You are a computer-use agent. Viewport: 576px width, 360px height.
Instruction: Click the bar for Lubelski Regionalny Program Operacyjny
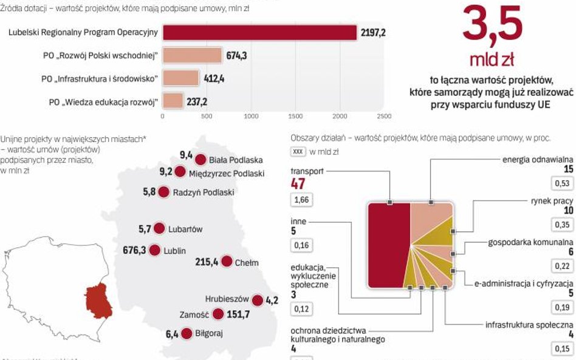click(259, 33)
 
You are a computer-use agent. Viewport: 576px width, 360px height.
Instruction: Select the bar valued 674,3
click(193, 56)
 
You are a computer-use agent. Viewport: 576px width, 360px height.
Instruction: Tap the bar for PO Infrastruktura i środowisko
click(180, 78)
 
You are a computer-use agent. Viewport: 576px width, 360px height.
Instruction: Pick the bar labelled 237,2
click(173, 101)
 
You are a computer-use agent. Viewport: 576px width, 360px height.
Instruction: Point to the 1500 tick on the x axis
click(295, 115)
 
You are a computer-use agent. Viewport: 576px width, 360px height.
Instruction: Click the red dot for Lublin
click(154, 250)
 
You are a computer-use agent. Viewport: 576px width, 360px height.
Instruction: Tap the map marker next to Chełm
click(226, 262)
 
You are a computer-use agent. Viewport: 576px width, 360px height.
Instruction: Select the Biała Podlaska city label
click(236, 160)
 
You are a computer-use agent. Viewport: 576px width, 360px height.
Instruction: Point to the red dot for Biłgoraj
click(186, 333)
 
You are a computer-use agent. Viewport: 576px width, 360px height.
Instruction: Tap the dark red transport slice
click(389, 245)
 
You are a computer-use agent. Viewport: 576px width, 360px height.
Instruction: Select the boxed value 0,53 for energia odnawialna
click(561, 183)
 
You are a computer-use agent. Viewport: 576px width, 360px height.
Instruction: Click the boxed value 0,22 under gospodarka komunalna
click(561, 266)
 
